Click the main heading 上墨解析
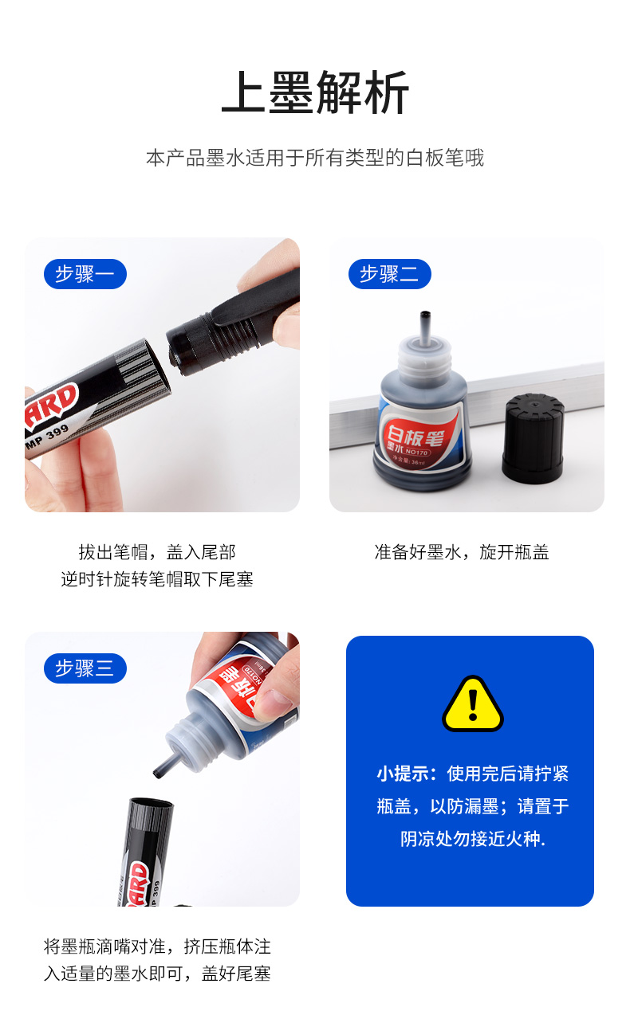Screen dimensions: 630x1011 (x=315, y=92)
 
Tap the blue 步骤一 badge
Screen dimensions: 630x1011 (x=85, y=274)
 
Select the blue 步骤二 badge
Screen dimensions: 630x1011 (x=390, y=274)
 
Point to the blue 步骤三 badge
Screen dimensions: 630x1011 (x=85, y=668)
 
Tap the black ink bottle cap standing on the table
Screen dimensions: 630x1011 (x=534, y=438)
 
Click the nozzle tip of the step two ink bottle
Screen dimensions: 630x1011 (x=425, y=314)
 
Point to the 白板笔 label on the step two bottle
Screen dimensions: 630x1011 (x=414, y=435)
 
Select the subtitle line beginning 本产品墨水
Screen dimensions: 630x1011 (x=315, y=158)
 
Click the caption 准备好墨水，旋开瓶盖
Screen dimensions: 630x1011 (x=462, y=552)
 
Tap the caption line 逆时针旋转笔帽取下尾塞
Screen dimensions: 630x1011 (x=157, y=579)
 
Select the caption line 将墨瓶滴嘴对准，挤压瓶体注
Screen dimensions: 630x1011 (x=157, y=946)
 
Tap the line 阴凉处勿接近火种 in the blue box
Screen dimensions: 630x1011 (x=473, y=839)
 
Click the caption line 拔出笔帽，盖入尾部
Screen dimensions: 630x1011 (x=157, y=552)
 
